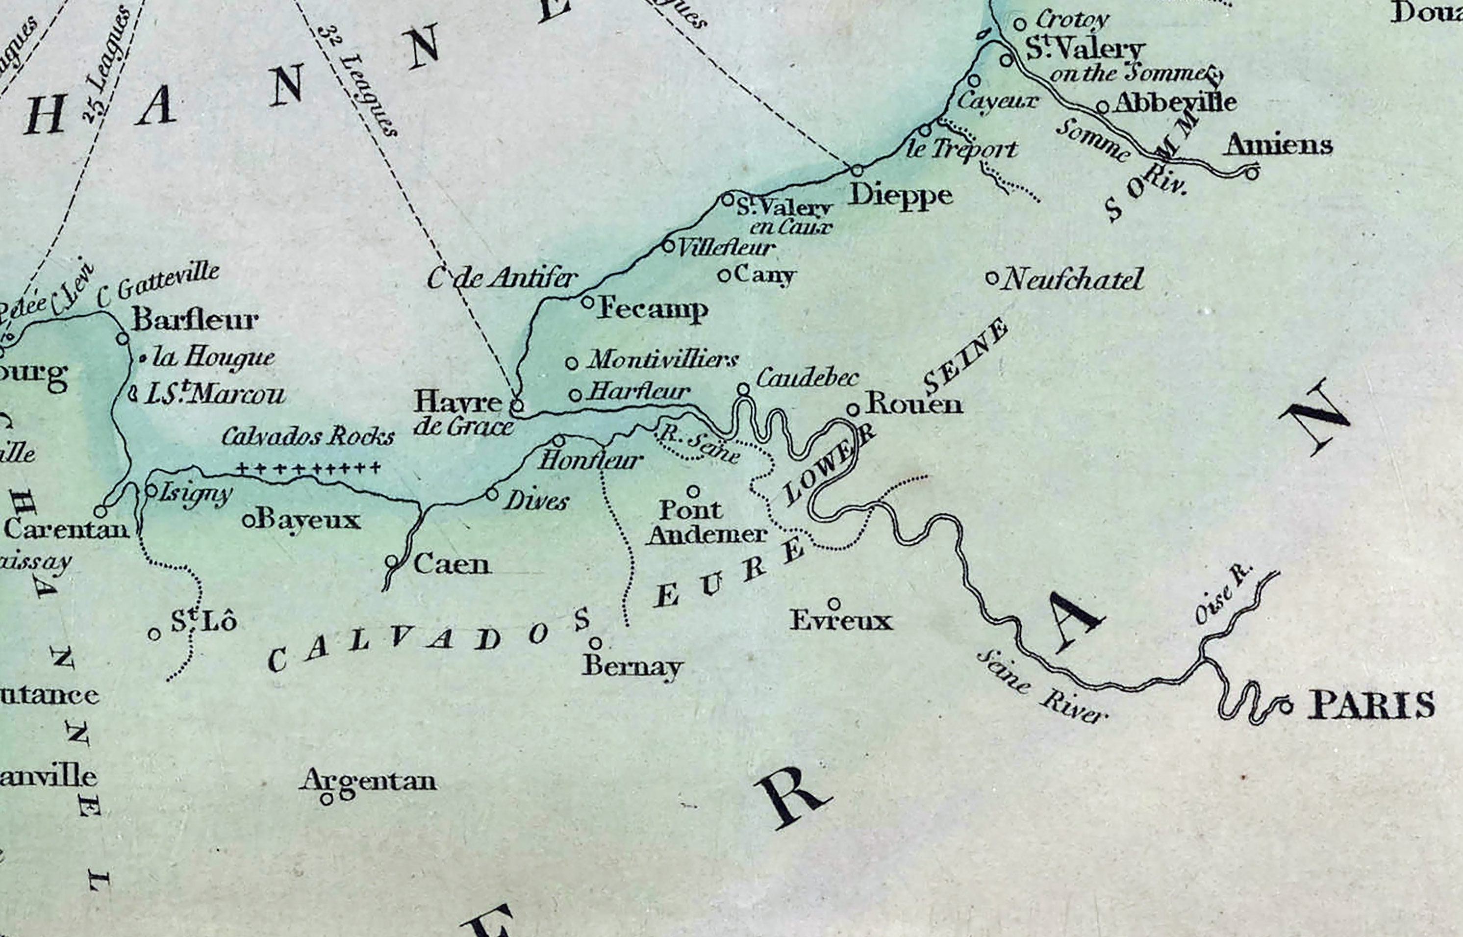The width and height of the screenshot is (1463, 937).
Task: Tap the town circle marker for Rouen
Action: point(853,410)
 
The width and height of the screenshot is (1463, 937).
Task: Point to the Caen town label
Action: point(452,565)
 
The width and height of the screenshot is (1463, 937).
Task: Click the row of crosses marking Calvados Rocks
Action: point(308,468)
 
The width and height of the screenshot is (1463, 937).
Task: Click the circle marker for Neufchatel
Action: point(991,279)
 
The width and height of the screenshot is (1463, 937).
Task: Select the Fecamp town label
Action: point(652,309)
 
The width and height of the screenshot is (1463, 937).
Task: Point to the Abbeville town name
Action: point(1175,102)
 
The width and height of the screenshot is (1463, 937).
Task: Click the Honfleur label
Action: point(590,460)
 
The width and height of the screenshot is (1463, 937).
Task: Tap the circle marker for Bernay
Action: point(596,643)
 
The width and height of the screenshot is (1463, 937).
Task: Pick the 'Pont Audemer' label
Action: point(706,522)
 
